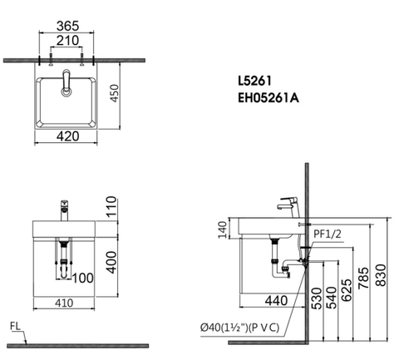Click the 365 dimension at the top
[68, 26]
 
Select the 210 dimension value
[68, 41]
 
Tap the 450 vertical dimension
[114, 93]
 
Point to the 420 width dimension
[68, 136]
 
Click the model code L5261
[254, 81]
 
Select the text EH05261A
[268, 98]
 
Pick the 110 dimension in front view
[111, 207]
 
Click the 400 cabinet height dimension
[111, 262]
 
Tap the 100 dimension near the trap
[83, 278]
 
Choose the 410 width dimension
[64, 303]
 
